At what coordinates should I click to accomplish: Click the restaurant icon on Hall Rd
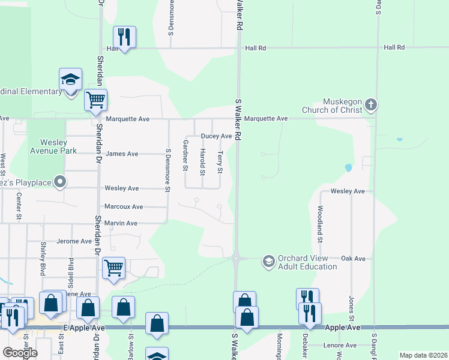pos(124,37)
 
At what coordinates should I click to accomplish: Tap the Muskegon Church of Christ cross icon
pos(371,105)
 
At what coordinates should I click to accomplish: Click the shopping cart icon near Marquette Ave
pos(95,101)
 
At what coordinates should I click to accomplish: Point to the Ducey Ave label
pos(216,136)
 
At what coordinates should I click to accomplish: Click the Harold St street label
pos(203,162)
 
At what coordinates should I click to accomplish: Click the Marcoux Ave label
pos(124,206)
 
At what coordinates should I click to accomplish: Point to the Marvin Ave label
pos(121,223)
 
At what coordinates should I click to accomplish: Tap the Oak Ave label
pos(353,259)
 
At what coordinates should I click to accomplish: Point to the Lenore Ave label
pos(341,345)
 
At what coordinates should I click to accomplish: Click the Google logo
pos(20,353)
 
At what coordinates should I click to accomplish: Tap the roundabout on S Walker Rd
pos(236,259)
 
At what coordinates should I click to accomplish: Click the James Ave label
pos(122,154)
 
